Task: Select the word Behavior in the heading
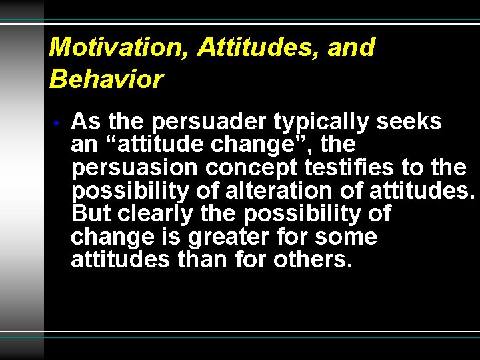[x=106, y=79]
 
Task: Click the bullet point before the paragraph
[x=59, y=123]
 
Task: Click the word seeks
[x=409, y=122]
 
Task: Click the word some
[x=346, y=237]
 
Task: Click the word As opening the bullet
[x=85, y=122]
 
